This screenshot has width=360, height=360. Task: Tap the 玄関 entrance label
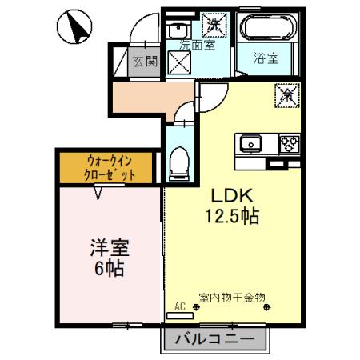click(x=145, y=60)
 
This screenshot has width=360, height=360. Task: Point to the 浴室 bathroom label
click(x=266, y=58)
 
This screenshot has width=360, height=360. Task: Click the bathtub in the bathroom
click(x=266, y=30)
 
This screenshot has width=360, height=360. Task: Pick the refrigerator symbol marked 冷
click(x=286, y=94)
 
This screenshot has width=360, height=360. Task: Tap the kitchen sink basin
click(x=251, y=144)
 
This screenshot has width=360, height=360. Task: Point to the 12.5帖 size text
click(x=233, y=216)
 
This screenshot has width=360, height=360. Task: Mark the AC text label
click(x=179, y=306)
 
